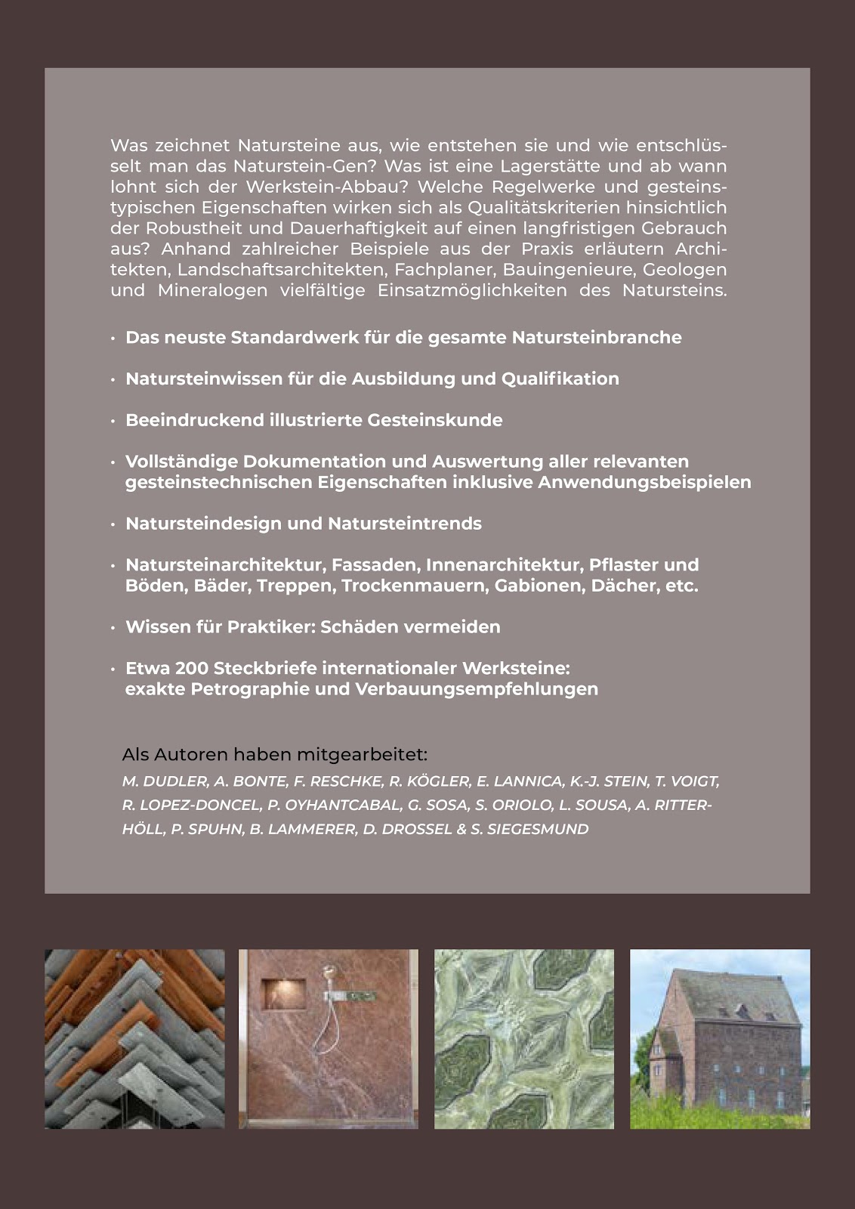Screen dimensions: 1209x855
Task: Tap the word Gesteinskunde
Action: (435, 420)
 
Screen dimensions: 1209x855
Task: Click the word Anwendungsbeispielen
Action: (644, 482)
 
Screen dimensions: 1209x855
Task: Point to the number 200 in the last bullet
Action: (193, 669)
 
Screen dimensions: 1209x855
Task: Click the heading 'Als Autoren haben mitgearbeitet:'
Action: (275, 755)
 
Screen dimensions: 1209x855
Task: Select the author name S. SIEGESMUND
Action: (529, 829)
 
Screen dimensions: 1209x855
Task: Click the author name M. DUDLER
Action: (165, 781)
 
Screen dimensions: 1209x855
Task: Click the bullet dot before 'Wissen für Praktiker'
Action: (113, 628)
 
